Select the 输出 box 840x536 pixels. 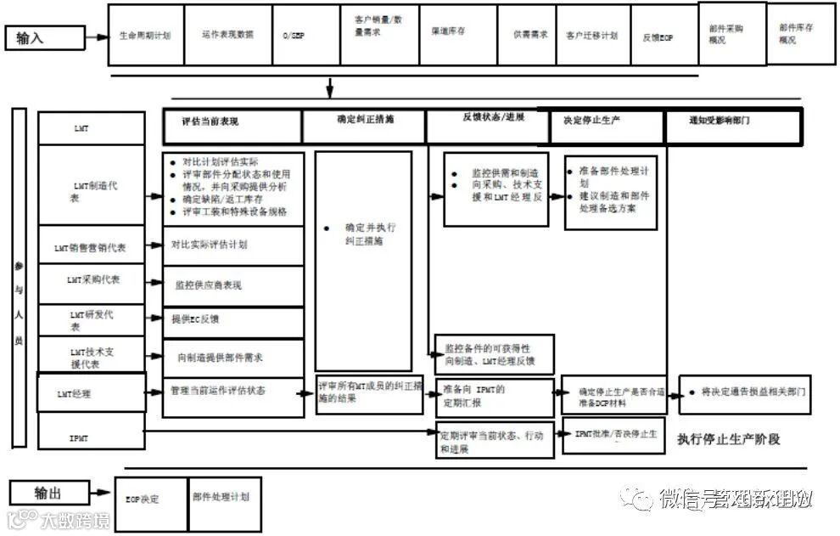pyautogui.click(x=48, y=493)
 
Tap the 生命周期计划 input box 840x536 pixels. pyautogui.click(x=146, y=35)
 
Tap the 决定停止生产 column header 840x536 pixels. pyautogui.click(x=606, y=125)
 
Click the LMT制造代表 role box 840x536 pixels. pyautogui.click(x=92, y=185)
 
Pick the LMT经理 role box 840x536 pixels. pyautogui.click(x=92, y=393)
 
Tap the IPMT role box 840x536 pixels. pyautogui.click(x=92, y=437)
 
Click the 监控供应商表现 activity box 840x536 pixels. pyautogui.click(x=233, y=285)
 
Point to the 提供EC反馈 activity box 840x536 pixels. pyautogui.click(x=233, y=321)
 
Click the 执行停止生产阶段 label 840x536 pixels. pyautogui.click(x=728, y=439)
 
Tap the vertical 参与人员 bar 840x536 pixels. pyautogui.click(x=20, y=278)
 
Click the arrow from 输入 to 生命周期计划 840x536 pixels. pyautogui.click(x=97, y=37)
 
